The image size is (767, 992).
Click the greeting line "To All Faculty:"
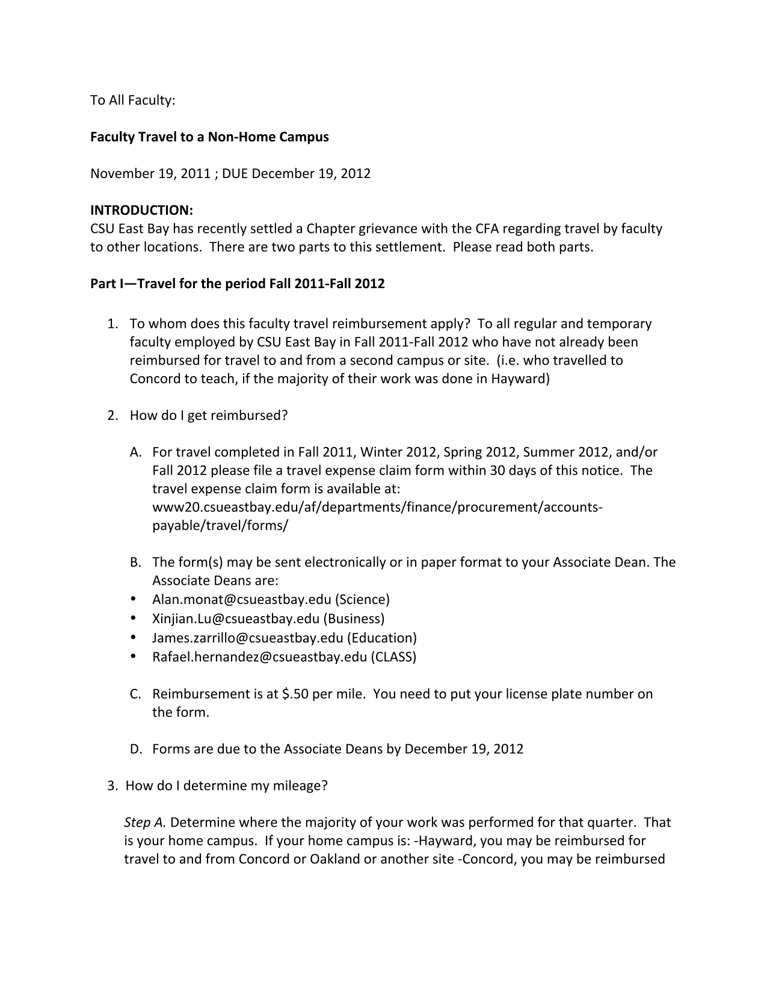[132, 100]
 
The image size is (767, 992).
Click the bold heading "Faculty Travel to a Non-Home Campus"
[209, 137]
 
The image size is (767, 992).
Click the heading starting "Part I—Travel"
[237, 283]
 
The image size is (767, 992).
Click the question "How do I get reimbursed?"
[209, 416]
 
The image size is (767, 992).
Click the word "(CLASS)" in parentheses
[393, 656]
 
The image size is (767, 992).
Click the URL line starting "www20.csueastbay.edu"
[377, 507]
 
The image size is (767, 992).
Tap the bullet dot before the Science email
[133, 599]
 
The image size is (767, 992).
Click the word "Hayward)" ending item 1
[520, 379]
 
